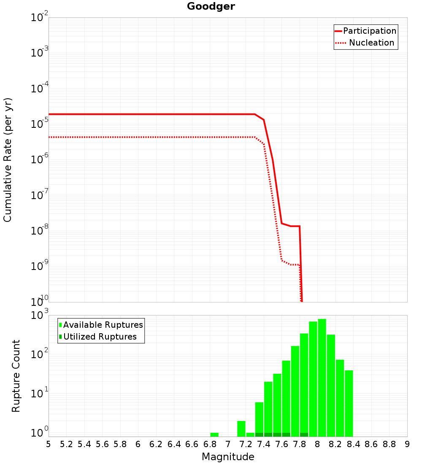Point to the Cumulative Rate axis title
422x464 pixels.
coord(8,159)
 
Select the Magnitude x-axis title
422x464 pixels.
coord(228,457)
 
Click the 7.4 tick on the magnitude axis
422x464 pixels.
coord(264,444)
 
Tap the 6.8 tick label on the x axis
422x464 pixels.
coord(210,444)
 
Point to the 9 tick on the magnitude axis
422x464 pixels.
coord(407,444)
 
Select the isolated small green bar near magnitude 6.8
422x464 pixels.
coord(214,434)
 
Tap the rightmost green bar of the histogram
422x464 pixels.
coord(349,403)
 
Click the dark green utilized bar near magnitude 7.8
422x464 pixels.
coord(304,434)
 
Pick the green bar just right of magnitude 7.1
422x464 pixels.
coord(241,429)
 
